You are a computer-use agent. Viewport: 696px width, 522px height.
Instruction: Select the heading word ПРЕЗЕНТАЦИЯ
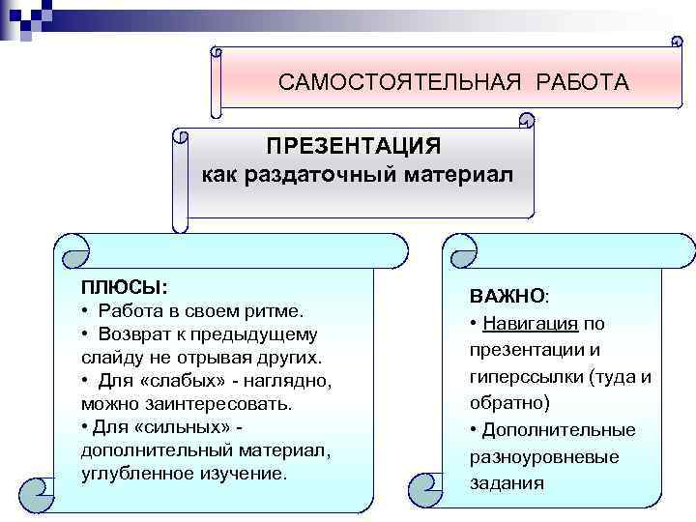[x=354, y=147]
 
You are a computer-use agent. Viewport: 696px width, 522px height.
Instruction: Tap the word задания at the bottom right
[x=507, y=483]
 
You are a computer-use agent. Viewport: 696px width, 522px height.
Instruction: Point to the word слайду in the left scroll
[x=109, y=358]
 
